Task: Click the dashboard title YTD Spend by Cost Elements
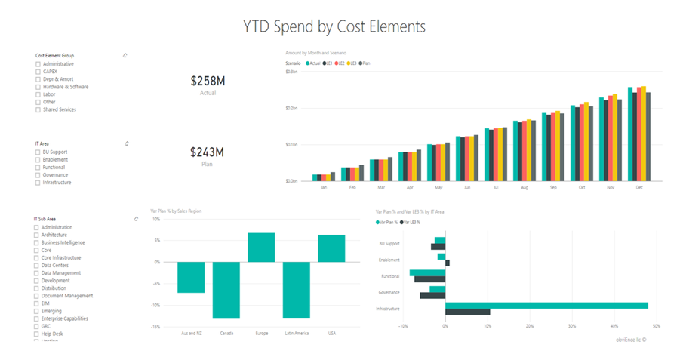[x=334, y=26]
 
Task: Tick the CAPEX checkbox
[x=38, y=72]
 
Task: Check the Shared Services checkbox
[x=38, y=110]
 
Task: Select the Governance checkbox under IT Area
[x=38, y=175]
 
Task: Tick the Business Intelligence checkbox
[x=37, y=243]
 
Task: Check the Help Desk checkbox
[x=37, y=334]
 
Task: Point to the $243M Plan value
[x=204, y=152]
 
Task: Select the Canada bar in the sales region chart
[x=226, y=290]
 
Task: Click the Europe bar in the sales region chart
[x=261, y=248]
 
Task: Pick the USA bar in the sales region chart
[x=331, y=248]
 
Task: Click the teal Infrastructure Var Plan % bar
[x=546, y=306]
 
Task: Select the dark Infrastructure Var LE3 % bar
[x=467, y=312]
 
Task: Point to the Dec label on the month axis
[x=639, y=187]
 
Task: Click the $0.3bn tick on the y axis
[x=291, y=71]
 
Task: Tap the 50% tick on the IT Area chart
[x=655, y=326]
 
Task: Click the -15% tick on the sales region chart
[x=155, y=327]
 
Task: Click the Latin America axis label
[x=296, y=333]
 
